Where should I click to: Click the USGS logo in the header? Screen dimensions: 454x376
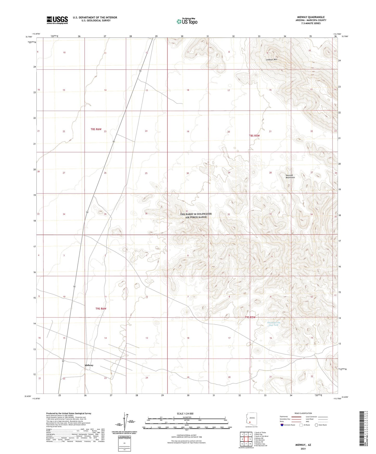pos(57,20)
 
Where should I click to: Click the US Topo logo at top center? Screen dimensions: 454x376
pos(187,21)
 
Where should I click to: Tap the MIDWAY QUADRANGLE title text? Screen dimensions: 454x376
pos(311,17)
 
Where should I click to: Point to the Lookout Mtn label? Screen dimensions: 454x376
pos(271,60)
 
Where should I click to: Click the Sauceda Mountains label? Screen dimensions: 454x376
pos(290,176)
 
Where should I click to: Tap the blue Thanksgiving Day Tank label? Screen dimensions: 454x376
pos(273,324)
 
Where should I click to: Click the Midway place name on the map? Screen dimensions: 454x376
pos(89,365)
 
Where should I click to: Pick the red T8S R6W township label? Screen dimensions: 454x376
pos(96,129)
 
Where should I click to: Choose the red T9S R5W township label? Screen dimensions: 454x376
pos(250,317)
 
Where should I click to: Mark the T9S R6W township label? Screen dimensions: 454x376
pos(101,309)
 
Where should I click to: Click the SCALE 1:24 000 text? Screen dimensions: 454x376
pos(185,413)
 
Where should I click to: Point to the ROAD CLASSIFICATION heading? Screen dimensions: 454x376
pos(303,413)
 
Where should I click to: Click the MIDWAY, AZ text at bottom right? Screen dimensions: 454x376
pos(303,445)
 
